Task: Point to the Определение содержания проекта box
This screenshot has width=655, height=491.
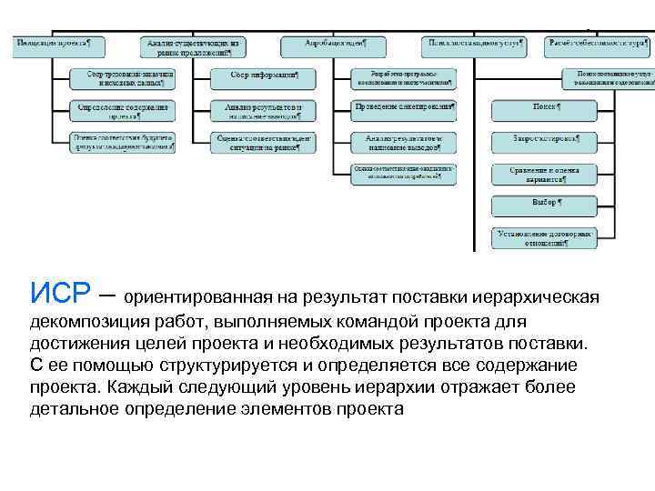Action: [124, 111]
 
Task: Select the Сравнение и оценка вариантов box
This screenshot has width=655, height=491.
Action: [544, 173]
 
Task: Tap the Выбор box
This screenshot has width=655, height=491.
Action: [544, 204]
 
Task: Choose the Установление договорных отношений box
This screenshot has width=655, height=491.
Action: [544, 236]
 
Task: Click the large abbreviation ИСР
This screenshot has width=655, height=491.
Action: [58, 293]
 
